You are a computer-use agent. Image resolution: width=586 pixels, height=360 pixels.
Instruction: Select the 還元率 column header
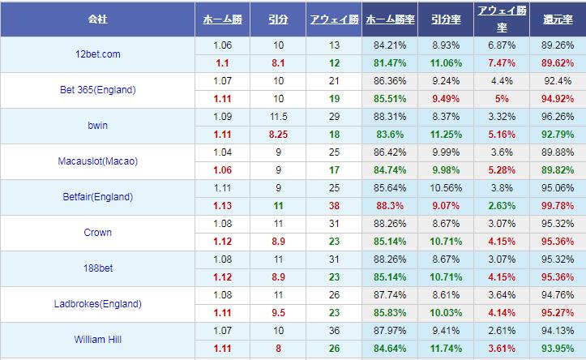(558, 18)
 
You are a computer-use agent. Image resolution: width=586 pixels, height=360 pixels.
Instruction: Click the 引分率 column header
(446, 18)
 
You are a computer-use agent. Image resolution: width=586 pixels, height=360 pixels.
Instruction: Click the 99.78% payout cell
(558, 206)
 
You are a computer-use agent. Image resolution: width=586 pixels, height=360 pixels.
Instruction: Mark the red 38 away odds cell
(334, 206)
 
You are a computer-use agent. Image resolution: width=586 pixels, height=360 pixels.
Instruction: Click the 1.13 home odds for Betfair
(223, 206)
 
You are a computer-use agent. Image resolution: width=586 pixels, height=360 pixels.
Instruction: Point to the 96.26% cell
(558, 117)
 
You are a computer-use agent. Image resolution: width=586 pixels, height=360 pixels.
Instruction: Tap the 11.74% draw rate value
(446, 349)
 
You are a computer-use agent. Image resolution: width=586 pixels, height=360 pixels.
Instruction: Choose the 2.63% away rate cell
(502, 206)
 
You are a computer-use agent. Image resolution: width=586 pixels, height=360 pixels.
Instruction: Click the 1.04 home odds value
(223, 152)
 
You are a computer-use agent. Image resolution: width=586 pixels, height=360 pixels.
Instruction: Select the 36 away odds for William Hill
(334, 331)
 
